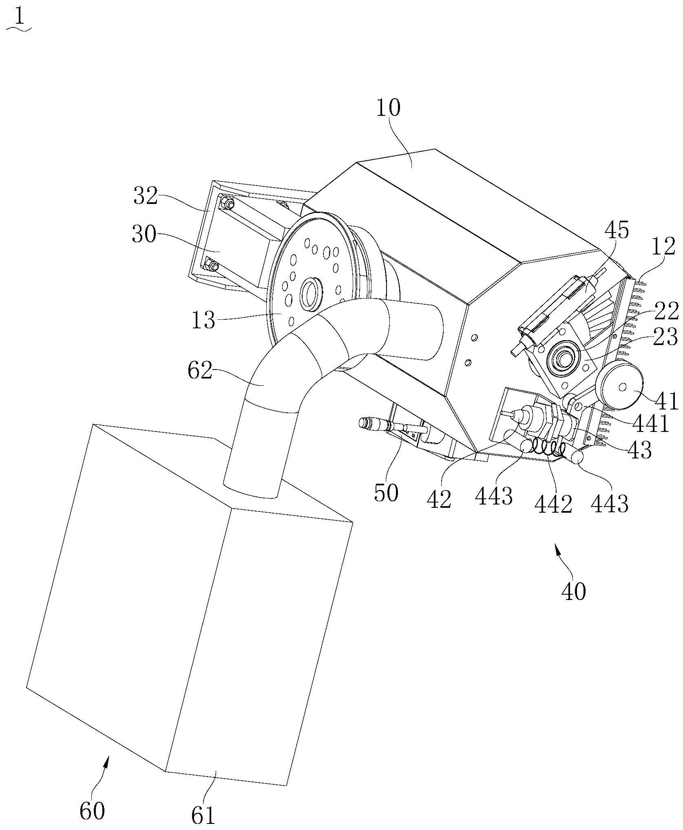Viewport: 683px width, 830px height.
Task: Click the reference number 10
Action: click(x=388, y=108)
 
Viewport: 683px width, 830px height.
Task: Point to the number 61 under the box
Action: click(x=203, y=814)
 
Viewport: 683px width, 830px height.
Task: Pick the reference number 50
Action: click(x=386, y=493)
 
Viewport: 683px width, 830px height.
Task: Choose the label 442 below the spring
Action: click(x=553, y=505)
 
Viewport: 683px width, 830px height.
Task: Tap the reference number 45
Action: click(x=616, y=230)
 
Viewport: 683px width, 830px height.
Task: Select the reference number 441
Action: click(x=650, y=424)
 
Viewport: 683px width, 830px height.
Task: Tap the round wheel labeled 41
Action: click(x=619, y=385)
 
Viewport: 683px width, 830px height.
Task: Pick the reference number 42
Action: click(x=440, y=498)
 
